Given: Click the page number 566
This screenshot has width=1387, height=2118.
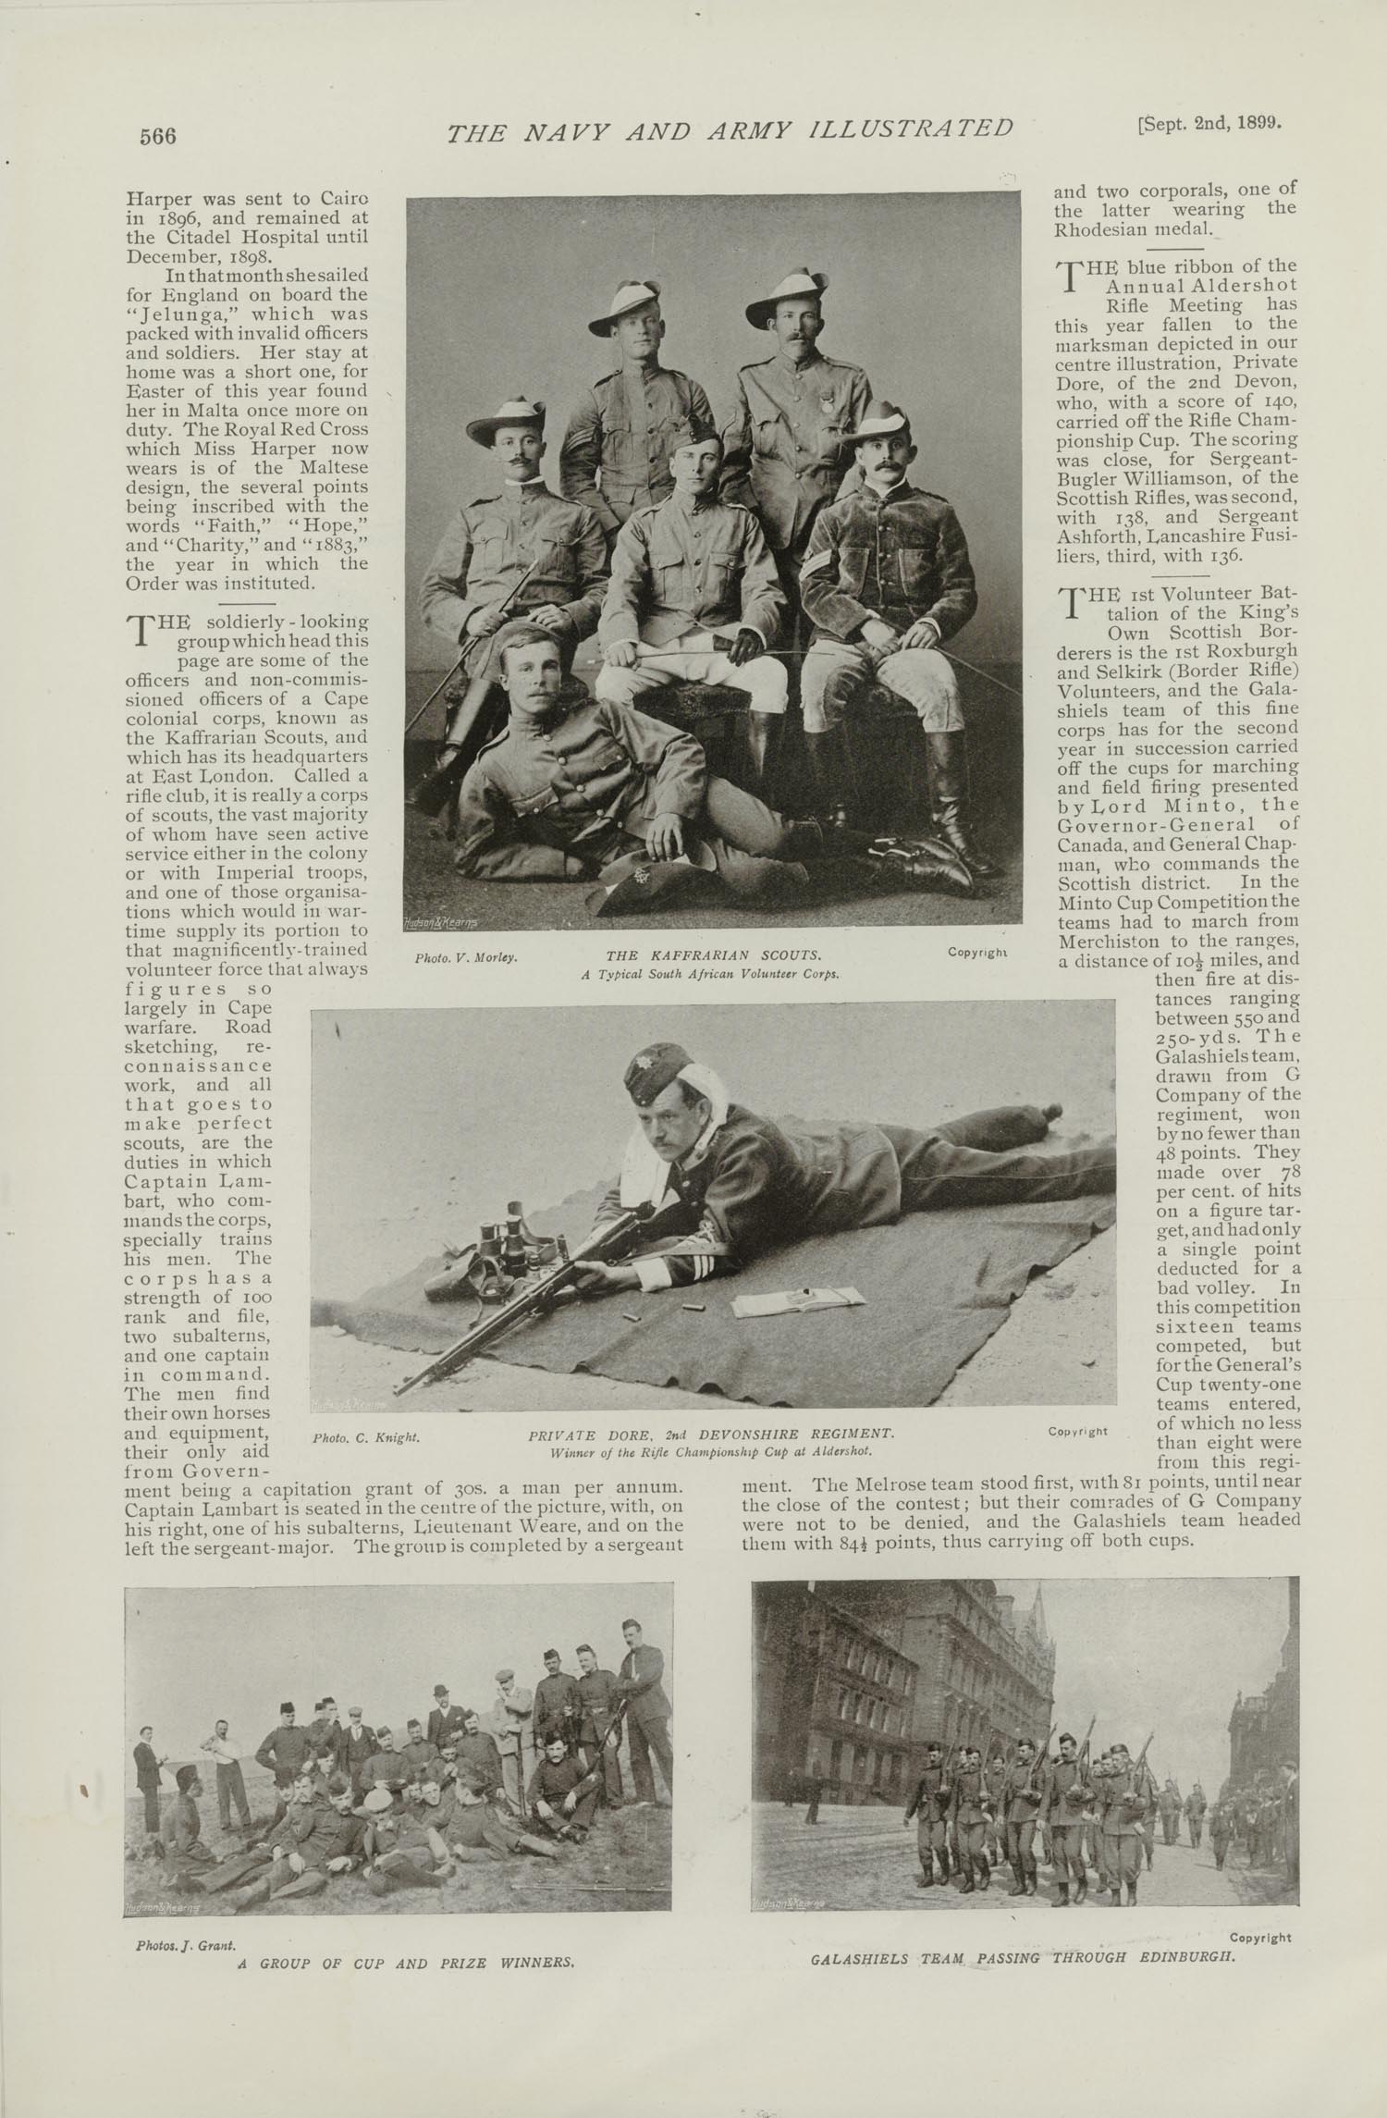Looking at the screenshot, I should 157,136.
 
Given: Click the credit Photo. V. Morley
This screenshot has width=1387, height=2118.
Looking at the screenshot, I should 465,957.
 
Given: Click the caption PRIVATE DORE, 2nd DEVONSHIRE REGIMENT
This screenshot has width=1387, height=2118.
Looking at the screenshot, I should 711,1434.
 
